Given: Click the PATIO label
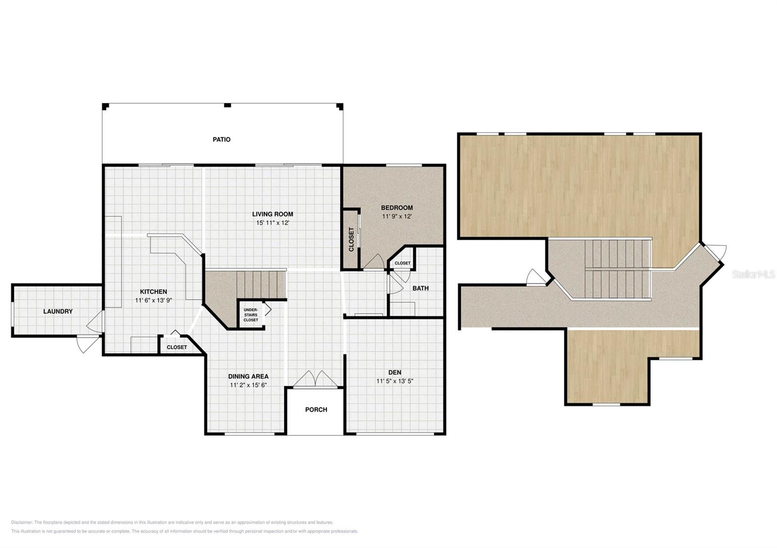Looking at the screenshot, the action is (x=221, y=140).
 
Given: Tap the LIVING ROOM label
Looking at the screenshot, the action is (x=272, y=214).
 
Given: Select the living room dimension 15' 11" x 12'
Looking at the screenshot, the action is (x=272, y=223).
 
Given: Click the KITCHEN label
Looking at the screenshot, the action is (x=153, y=291).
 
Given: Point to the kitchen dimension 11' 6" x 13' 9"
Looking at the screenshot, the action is (x=153, y=300).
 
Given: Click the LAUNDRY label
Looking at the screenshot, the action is (x=58, y=311).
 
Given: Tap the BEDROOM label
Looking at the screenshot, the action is (x=397, y=208).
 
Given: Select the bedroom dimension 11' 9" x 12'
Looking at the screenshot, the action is (x=397, y=216).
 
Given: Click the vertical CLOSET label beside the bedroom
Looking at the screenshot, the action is (x=352, y=240).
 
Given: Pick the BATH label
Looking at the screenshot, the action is (x=421, y=288).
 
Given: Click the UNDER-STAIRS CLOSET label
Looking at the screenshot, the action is (x=251, y=315).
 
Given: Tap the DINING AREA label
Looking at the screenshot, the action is (x=248, y=376).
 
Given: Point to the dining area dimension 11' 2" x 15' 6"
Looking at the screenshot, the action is (x=248, y=385).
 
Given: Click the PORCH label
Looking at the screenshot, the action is (x=316, y=410).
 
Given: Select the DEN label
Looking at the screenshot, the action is (x=395, y=372).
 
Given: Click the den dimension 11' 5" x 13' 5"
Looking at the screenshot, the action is (x=395, y=381).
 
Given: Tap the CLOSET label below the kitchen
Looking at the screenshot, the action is (x=177, y=347).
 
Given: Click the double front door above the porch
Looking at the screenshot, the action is (x=315, y=379).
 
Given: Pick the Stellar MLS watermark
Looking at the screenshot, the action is (x=753, y=274).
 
